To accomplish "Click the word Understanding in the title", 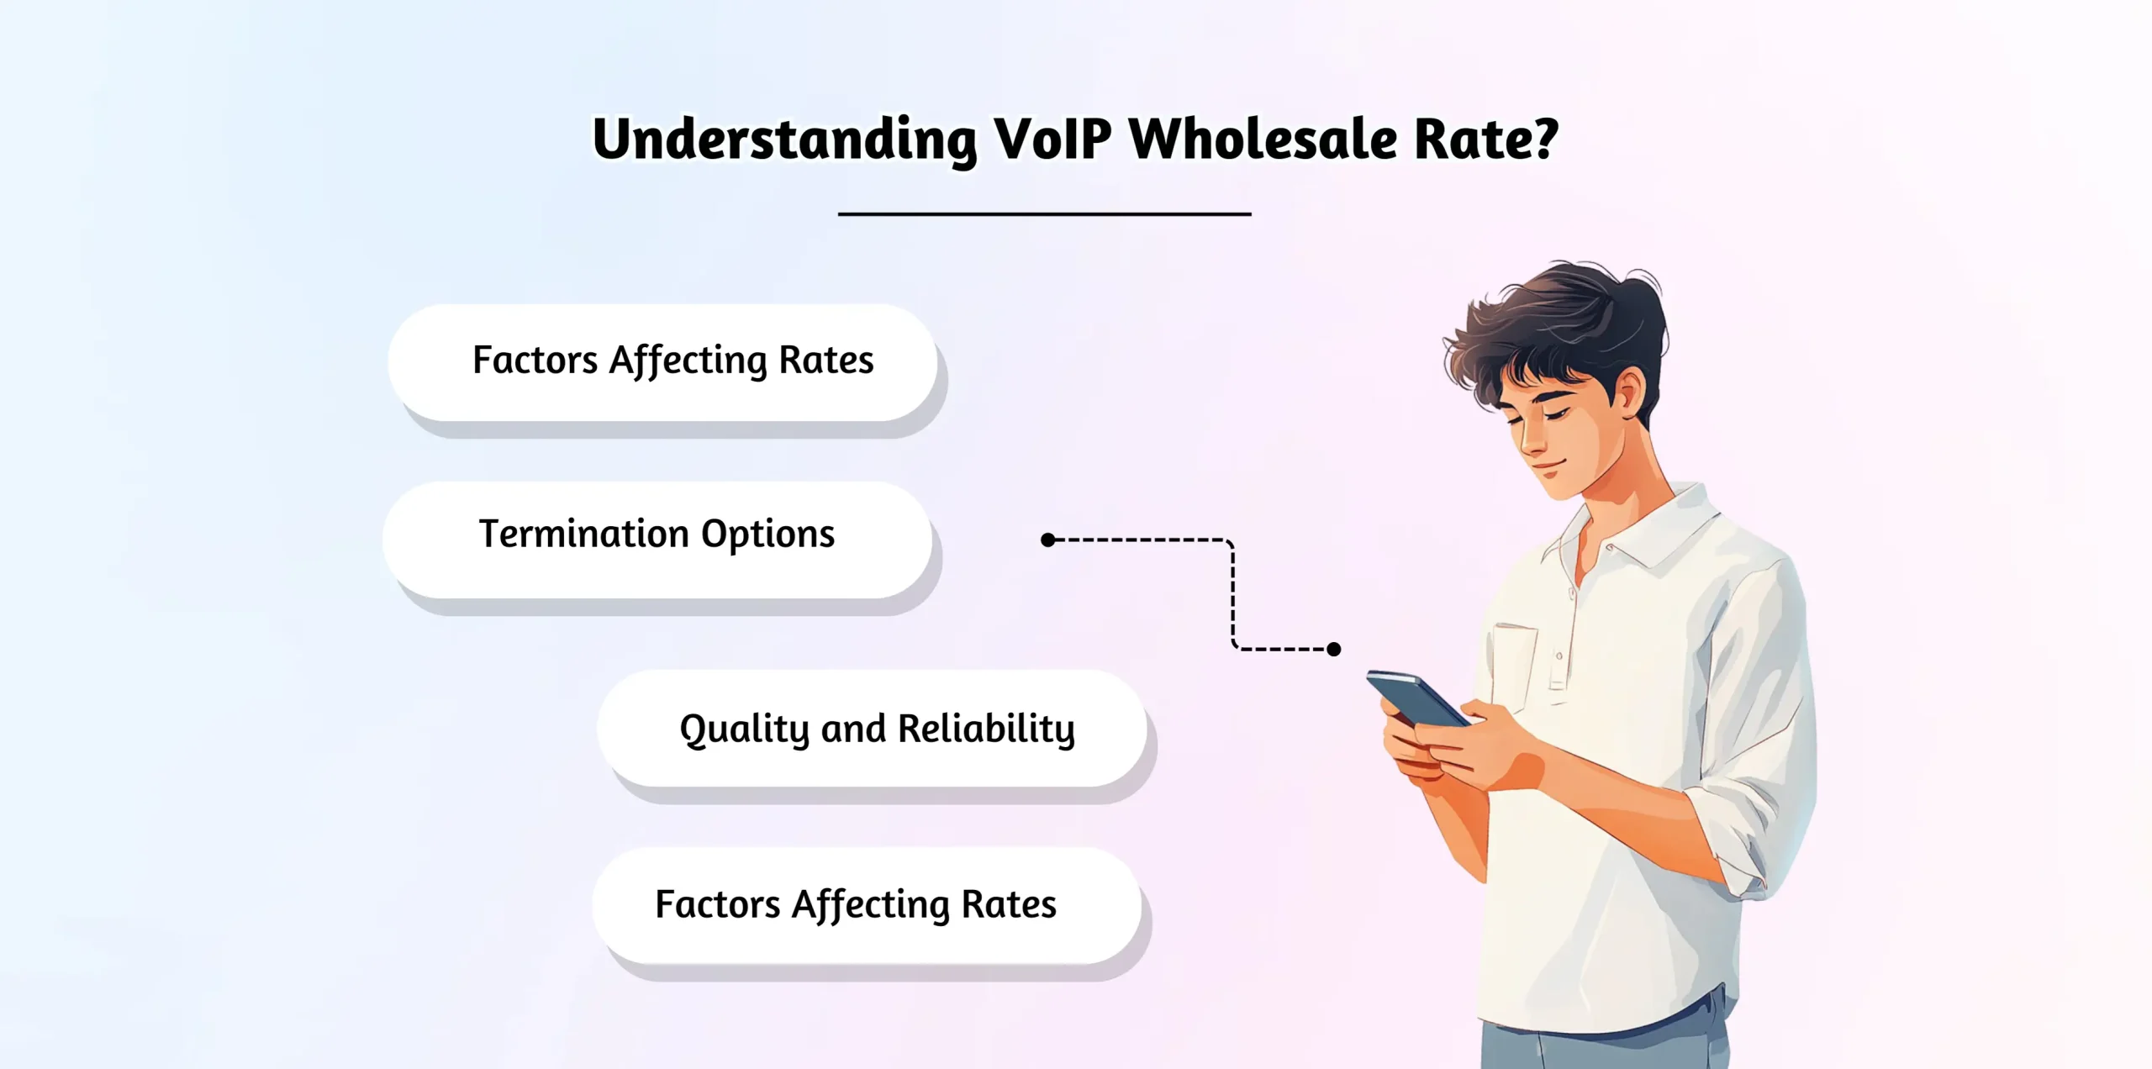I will [783, 140].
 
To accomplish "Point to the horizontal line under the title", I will [1044, 214].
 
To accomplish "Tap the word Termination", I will [583, 534].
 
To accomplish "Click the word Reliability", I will [986, 729].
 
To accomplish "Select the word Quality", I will [744, 729].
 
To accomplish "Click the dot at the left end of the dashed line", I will [1047, 540].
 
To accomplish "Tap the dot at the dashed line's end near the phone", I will [1334, 649].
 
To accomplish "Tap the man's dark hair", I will [1564, 319].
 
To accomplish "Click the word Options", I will [767, 534].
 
